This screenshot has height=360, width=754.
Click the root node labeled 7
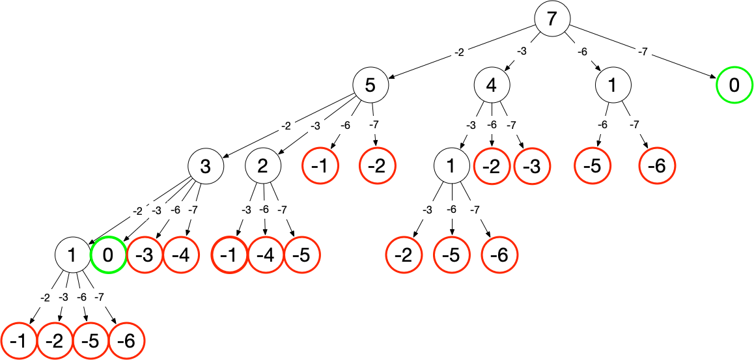click(552, 19)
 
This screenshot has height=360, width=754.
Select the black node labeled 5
click(370, 85)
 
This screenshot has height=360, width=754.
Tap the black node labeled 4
click(491, 85)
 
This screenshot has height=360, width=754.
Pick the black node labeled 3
click(206, 167)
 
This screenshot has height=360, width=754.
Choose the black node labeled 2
click(262, 167)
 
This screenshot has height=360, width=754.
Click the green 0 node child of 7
click(734, 85)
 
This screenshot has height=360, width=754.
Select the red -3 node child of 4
click(532, 167)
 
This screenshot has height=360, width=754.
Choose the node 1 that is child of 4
click(452, 167)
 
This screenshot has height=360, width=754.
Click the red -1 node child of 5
click(320, 167)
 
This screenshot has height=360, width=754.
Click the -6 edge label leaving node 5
click(346, 125)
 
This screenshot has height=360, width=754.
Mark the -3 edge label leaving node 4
click(471, 125)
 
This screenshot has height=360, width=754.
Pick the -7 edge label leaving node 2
click(282, 210)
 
